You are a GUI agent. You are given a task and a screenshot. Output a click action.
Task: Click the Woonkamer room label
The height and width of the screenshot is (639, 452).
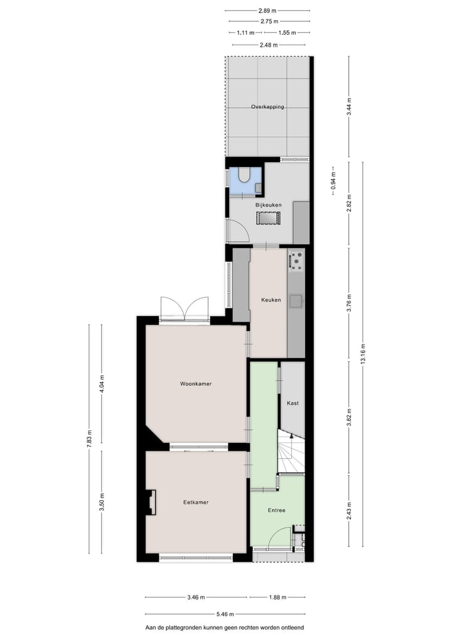(x=195, y=383)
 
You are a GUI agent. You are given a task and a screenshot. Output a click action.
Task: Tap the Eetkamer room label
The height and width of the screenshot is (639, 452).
(x=196, y=502)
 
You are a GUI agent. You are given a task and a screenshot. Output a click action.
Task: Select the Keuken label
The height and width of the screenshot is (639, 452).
(x=271, y=300)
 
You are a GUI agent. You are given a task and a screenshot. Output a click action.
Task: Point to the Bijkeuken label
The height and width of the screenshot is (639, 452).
(x=268, y=205)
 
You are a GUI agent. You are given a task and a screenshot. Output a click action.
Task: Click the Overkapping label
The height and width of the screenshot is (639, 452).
(x=267, y=107)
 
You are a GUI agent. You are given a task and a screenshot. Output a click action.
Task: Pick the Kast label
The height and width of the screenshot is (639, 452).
(x=292, y=403)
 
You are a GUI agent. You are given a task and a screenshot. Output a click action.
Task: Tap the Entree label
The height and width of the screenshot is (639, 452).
(x=276, y=510)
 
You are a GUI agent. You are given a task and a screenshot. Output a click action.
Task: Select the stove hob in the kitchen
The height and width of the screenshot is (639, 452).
(x=296, y=260)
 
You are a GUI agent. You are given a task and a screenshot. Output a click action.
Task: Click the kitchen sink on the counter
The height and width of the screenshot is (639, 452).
(x=296, y=302)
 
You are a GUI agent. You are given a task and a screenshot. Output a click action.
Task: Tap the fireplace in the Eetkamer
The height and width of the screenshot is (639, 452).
(x=151, y=503)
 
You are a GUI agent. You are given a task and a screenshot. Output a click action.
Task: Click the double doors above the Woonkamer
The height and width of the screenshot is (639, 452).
(x=184, y=309)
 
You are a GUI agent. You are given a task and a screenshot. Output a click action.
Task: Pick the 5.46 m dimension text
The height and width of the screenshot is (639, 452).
(x=225, y=614)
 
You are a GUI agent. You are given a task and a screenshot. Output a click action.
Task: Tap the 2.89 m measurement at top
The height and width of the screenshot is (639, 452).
(x=267, y=11)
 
